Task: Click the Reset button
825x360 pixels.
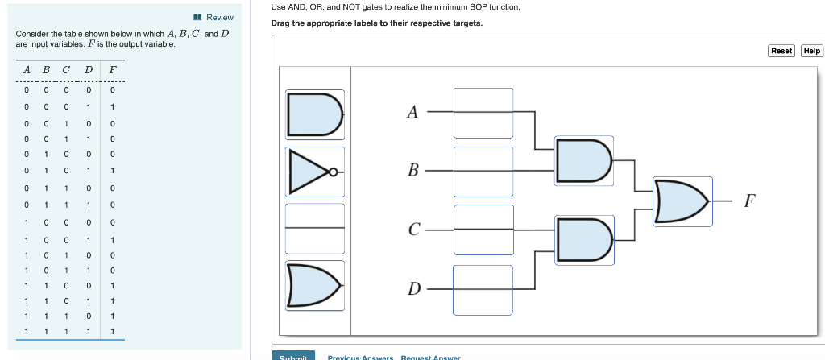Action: pos(781,51)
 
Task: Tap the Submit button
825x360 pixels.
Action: pos(293,356)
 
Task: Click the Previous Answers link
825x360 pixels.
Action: pos(360,357)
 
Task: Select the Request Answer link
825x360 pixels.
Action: pos(430,357)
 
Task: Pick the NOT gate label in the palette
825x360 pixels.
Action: pos(315,172)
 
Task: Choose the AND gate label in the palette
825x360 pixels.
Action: pos(315,114)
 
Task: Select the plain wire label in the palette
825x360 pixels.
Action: pos(315,229)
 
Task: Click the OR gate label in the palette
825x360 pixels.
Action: pos(315,285)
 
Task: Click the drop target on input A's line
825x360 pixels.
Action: pos(483,113)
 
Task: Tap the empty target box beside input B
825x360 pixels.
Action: pos(483,171)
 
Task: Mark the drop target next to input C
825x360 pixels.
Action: pos(483,229)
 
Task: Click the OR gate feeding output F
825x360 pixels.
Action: pos(682,201)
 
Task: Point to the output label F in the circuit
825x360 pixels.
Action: pos(749,201)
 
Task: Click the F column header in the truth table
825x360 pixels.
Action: pos(113,68)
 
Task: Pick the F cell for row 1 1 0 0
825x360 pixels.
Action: pos(113,285)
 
